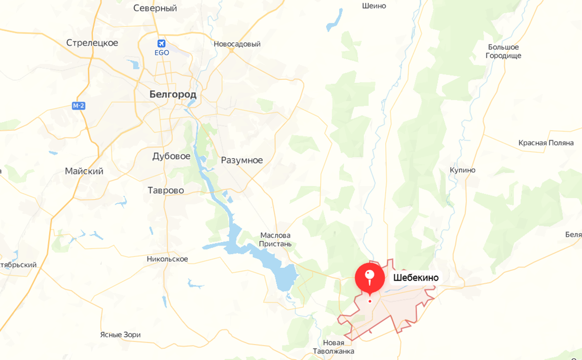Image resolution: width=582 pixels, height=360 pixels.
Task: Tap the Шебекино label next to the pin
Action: (x=416, y=278)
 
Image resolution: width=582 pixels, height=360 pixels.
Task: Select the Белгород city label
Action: (x=173, y=94)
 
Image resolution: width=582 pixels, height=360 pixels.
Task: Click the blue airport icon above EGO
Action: (x=161, y=43)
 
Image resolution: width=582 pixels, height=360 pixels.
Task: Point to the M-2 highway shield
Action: (x=78, y=106)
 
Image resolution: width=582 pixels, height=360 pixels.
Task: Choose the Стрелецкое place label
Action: (x=92, y=43)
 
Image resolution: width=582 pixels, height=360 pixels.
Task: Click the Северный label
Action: (x=155, y=8)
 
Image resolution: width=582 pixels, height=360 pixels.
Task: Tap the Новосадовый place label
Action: (x=237, y=44)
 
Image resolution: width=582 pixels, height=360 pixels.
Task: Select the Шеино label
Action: (x=373, y=6)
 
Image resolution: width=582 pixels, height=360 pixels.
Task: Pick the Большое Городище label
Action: (x=503, y=51)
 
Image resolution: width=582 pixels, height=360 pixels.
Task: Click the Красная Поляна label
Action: (x=546, y=143)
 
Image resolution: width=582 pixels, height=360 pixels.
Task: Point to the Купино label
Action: (x=462, y=170)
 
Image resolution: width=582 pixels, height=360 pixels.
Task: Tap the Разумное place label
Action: (x=242, y=160)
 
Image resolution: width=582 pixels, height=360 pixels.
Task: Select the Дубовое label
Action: (x=171, y=156)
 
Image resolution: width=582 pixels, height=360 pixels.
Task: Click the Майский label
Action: (x=84, y=172)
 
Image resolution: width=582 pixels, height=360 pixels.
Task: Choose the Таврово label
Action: (x=166, y=190)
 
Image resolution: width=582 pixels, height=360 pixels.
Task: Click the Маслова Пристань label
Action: (x=276, y=240)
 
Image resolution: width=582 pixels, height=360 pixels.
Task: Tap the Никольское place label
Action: (x=167, y=259)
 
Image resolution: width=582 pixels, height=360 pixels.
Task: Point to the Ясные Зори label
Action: (x=120, y=335)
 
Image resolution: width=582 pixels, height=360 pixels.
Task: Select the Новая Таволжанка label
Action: (x=333, y=347)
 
